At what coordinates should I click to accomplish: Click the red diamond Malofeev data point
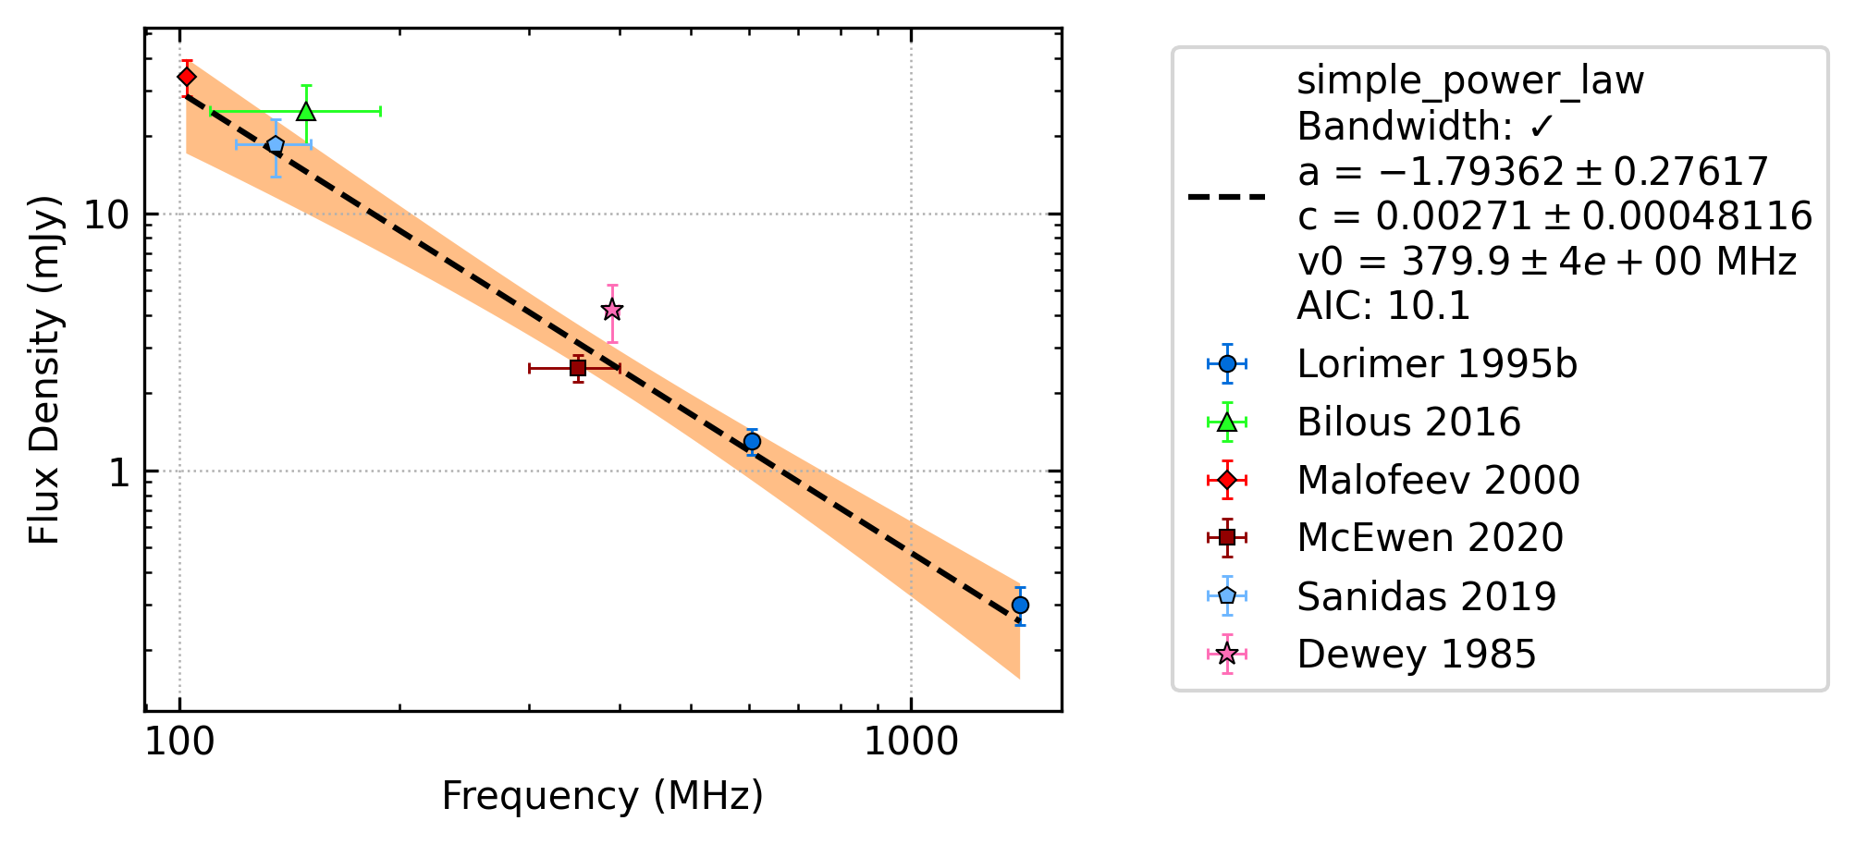187,77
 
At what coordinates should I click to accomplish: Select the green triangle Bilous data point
306,111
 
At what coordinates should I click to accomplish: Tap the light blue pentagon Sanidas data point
276,144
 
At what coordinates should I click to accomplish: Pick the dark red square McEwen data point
578,368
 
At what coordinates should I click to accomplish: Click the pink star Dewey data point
611,310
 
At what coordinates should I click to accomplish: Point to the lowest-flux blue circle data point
1020,606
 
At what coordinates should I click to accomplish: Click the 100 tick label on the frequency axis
180,742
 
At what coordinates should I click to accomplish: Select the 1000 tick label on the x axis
911,742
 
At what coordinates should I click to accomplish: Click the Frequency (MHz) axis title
603,796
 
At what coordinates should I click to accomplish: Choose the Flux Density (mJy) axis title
43,370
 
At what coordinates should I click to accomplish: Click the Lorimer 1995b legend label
1437,364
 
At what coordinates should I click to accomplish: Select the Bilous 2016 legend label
1408,422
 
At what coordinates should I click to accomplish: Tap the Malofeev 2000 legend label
1438,481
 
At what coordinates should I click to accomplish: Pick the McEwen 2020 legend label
1430,538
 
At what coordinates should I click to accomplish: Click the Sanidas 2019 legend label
1426,597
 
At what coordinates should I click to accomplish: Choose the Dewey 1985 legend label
1416,655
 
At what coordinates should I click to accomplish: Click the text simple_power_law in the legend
1470,81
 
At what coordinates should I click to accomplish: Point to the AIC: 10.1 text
1383,306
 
